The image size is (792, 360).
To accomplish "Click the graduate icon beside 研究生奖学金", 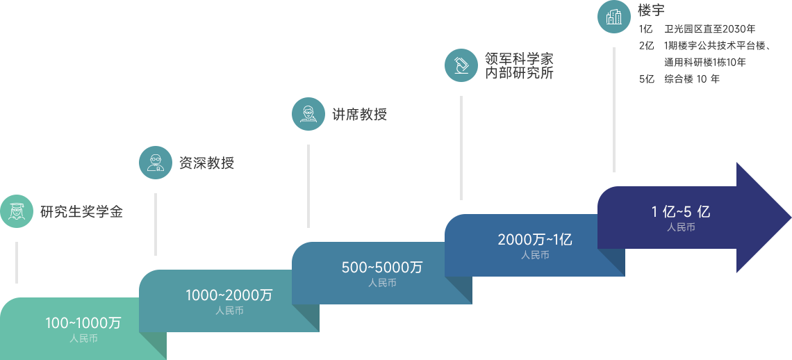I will pos(17,211).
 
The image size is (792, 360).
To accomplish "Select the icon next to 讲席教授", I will pos(308,113).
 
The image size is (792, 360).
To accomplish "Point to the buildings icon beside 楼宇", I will pos(613,17).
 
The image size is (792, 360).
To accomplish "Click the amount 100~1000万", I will pos(83,323).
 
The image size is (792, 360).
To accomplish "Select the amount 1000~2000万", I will pos(229,295).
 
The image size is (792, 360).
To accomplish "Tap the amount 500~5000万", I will pos(381,268).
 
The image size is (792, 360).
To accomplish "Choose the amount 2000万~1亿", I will pos(534,240).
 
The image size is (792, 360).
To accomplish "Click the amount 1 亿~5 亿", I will pos(680,212).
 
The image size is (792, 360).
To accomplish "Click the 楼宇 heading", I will pos(651,10).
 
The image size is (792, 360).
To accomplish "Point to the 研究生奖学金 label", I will pos(81,211).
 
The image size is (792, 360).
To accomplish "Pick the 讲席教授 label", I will pos(359,115).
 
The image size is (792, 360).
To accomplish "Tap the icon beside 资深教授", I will pos(155,162).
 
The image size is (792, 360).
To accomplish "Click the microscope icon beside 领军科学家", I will pos(461,65).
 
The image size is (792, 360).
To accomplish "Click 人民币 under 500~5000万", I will pos(382,283).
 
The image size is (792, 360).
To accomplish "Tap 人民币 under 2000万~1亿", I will pos(535,255).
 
